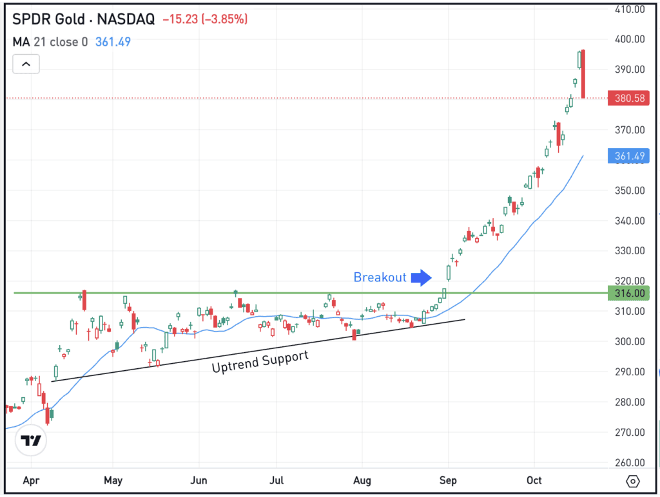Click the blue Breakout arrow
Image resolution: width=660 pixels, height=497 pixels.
coord(422,277)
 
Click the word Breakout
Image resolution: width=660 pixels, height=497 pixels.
coord(380,277)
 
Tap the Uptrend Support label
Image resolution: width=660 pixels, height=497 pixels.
coord(260,361)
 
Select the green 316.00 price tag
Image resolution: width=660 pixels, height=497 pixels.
coord(628,293)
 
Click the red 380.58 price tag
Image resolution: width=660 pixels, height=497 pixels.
coord(628,98)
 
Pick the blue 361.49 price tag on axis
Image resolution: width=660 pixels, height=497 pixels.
coord(628,155)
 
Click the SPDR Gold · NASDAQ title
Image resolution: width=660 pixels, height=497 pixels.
coord(84,19)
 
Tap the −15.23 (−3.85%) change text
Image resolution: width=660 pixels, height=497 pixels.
coord(205,19)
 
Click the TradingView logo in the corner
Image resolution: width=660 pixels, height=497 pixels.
coord(31,441)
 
